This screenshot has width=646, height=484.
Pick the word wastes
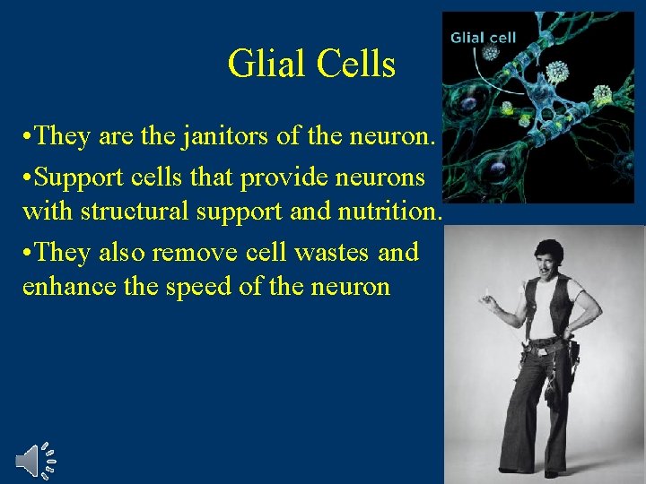(x=326, y=252)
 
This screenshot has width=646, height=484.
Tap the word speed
(x=201, y=289)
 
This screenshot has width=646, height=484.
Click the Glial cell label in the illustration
(x=483, y=37)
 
